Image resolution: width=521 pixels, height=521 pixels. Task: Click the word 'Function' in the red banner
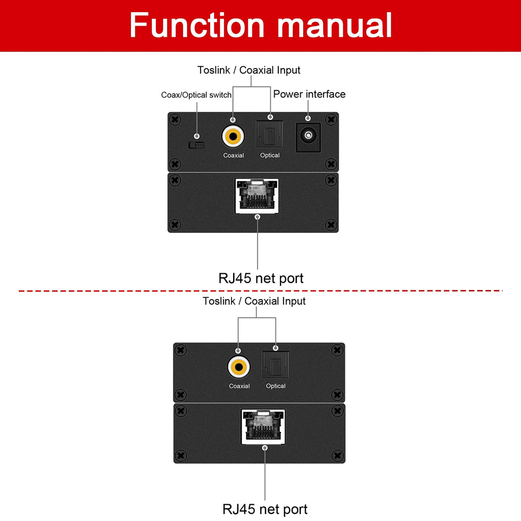pos(197,25)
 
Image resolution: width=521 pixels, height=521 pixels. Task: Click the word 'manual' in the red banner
pos(335,25)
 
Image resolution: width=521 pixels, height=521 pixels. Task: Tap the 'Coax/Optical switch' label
pos(196,95)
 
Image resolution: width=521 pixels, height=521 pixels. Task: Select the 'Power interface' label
pos(309,94)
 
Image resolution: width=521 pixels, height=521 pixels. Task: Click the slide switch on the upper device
pos(196,145)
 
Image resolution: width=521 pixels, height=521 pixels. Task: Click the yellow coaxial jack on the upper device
pos(233,136)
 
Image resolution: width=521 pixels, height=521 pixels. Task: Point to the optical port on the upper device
pos(270,134)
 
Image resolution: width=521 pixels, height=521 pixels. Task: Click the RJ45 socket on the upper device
pos(257,196)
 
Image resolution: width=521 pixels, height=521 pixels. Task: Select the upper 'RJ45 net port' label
pos(261,278)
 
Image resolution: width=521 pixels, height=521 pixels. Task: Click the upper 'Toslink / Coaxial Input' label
pos(249,70)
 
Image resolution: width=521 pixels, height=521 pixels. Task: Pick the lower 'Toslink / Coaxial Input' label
pos(254,301)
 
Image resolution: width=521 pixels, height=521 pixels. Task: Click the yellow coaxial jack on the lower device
pos(239,367)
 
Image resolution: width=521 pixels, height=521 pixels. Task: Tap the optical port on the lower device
pos(275,365)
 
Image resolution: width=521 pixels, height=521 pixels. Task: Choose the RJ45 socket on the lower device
pos(263,427)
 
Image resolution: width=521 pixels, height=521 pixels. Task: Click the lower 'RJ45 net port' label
pos(265,509)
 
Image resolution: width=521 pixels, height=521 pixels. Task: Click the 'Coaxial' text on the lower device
pos(239,386)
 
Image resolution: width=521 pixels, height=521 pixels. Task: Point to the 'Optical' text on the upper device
pos(270,155)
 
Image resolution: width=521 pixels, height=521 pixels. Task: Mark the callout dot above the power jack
pos(308,118)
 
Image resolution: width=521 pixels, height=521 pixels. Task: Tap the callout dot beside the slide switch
pos(197,136)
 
